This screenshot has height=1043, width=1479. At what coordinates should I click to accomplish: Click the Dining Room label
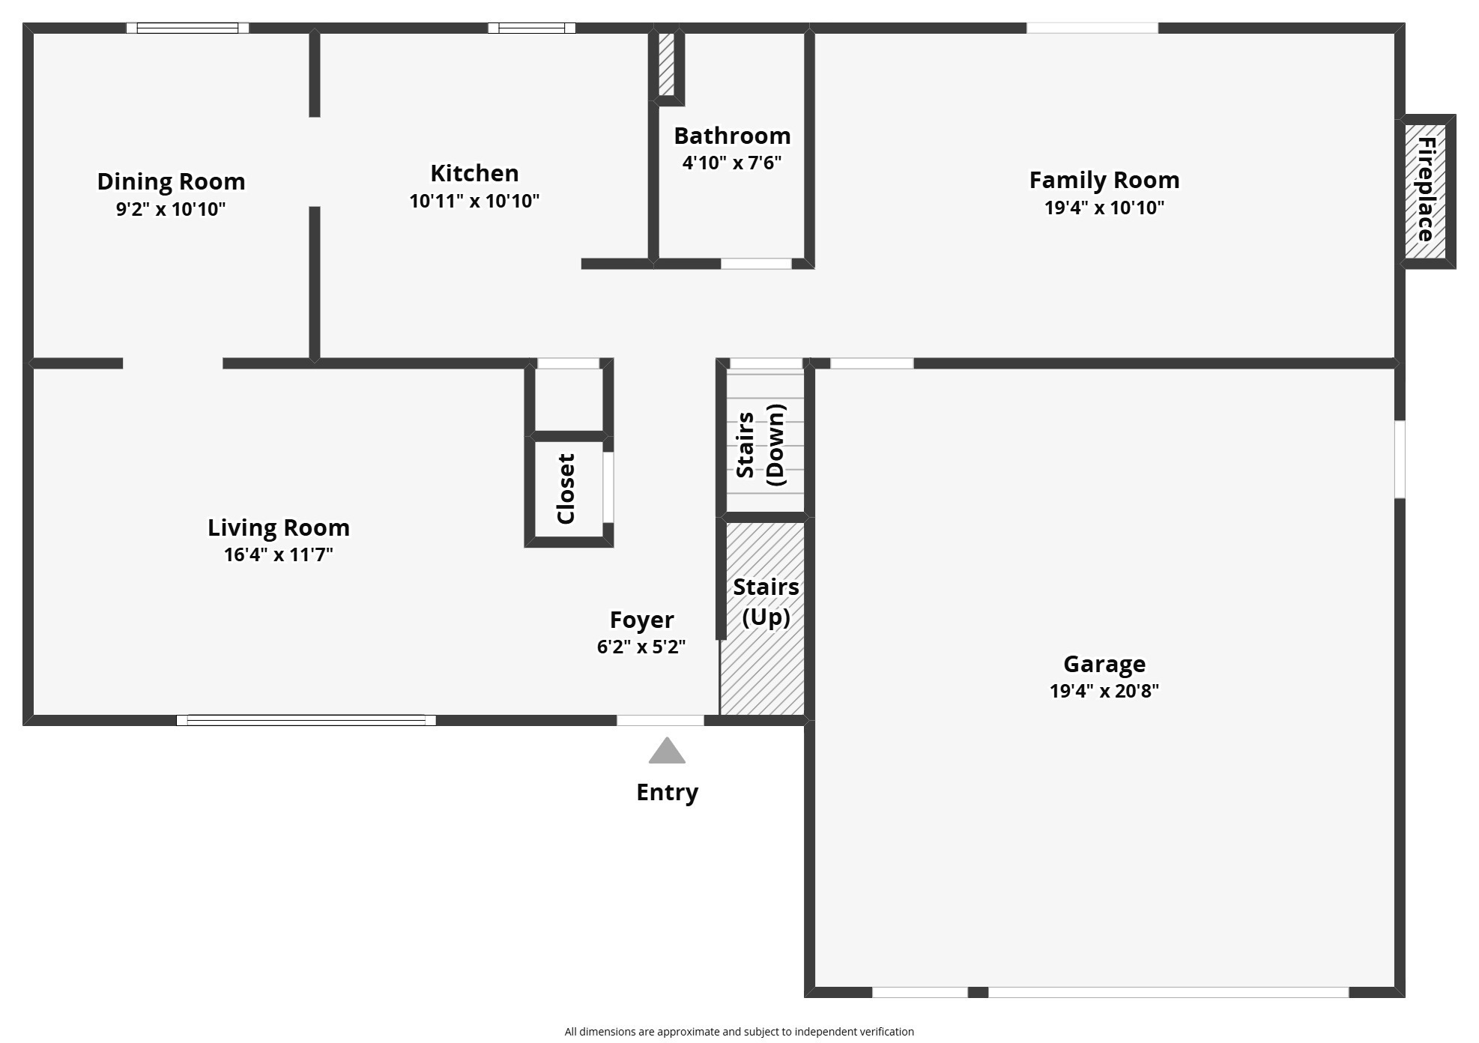click(x=171, y=181)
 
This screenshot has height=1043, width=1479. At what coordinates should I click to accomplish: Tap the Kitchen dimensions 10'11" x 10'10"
click(x=474, y=201)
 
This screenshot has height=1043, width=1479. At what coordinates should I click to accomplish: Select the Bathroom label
click(x=732, y=136)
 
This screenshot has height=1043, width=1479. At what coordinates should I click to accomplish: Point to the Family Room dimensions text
click(x=1104, y=208)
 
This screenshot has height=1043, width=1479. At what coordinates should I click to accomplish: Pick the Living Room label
click(x=279, y=527)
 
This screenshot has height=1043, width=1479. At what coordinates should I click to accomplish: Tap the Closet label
click(x=566, y=489)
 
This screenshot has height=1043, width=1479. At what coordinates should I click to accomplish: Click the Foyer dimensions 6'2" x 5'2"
click(x=641, y=647)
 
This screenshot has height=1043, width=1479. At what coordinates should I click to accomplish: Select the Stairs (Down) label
click(x=761, y=445)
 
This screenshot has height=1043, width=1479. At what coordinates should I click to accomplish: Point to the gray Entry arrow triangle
click(x=667, y=752)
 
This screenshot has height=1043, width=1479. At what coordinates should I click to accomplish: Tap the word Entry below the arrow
click(x=667, y=792)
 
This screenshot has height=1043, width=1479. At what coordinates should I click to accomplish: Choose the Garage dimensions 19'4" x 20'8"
click(x=1104, y=691)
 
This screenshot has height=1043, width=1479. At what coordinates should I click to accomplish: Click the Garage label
click(x=1104, y=664)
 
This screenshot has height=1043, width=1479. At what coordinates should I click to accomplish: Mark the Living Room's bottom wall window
click(x=306, y=720)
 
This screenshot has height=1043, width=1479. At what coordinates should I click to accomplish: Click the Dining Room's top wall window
click(x=187, y=28)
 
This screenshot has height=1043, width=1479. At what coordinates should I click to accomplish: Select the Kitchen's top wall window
click(x=532, y=28)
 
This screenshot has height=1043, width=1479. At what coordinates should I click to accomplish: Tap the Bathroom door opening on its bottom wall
click(x=756, y=264)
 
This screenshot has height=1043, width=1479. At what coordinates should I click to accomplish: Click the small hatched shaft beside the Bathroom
click(x=666, y=63)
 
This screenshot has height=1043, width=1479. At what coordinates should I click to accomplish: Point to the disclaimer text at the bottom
click(x=739, y=1032)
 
